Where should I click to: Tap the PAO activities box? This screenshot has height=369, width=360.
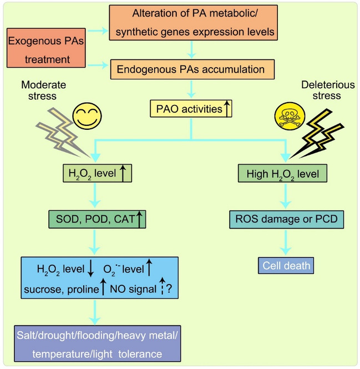pyautogui.click(x=191, y=108)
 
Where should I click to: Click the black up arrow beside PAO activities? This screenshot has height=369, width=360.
pyautogui.click(x=226, y=108)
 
